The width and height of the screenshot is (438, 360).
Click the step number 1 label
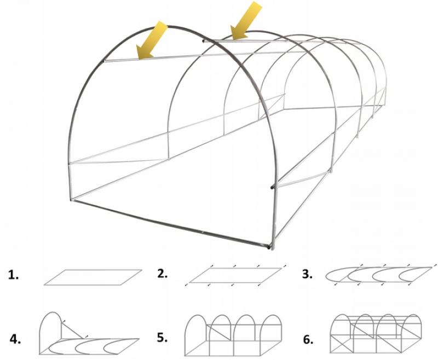(13, 275)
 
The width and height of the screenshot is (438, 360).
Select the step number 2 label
(162, 274)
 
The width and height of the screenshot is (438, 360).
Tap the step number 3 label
(307, 274)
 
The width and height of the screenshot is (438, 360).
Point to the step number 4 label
(15, 339)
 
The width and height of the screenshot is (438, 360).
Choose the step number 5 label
(162, 338)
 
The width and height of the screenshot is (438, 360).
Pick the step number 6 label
(308, 340)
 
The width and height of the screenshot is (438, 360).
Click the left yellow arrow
(152, 40)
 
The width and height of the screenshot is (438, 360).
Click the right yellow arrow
(246, 20)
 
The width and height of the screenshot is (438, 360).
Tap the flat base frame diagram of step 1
(93, 277)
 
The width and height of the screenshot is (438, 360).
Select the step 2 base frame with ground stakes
(235, 275)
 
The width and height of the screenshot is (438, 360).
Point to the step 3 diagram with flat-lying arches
(380, 275)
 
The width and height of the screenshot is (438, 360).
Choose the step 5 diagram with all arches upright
(233, 335)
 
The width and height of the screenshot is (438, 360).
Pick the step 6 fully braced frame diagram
(376, 334)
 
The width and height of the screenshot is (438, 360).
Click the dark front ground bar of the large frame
(170, 224)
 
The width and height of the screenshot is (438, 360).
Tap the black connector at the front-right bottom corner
(269, 247)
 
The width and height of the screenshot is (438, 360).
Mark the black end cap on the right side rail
(272, 187)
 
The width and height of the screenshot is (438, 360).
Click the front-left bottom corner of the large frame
(71, 200)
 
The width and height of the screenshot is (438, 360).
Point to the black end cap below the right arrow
(204, 41)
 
